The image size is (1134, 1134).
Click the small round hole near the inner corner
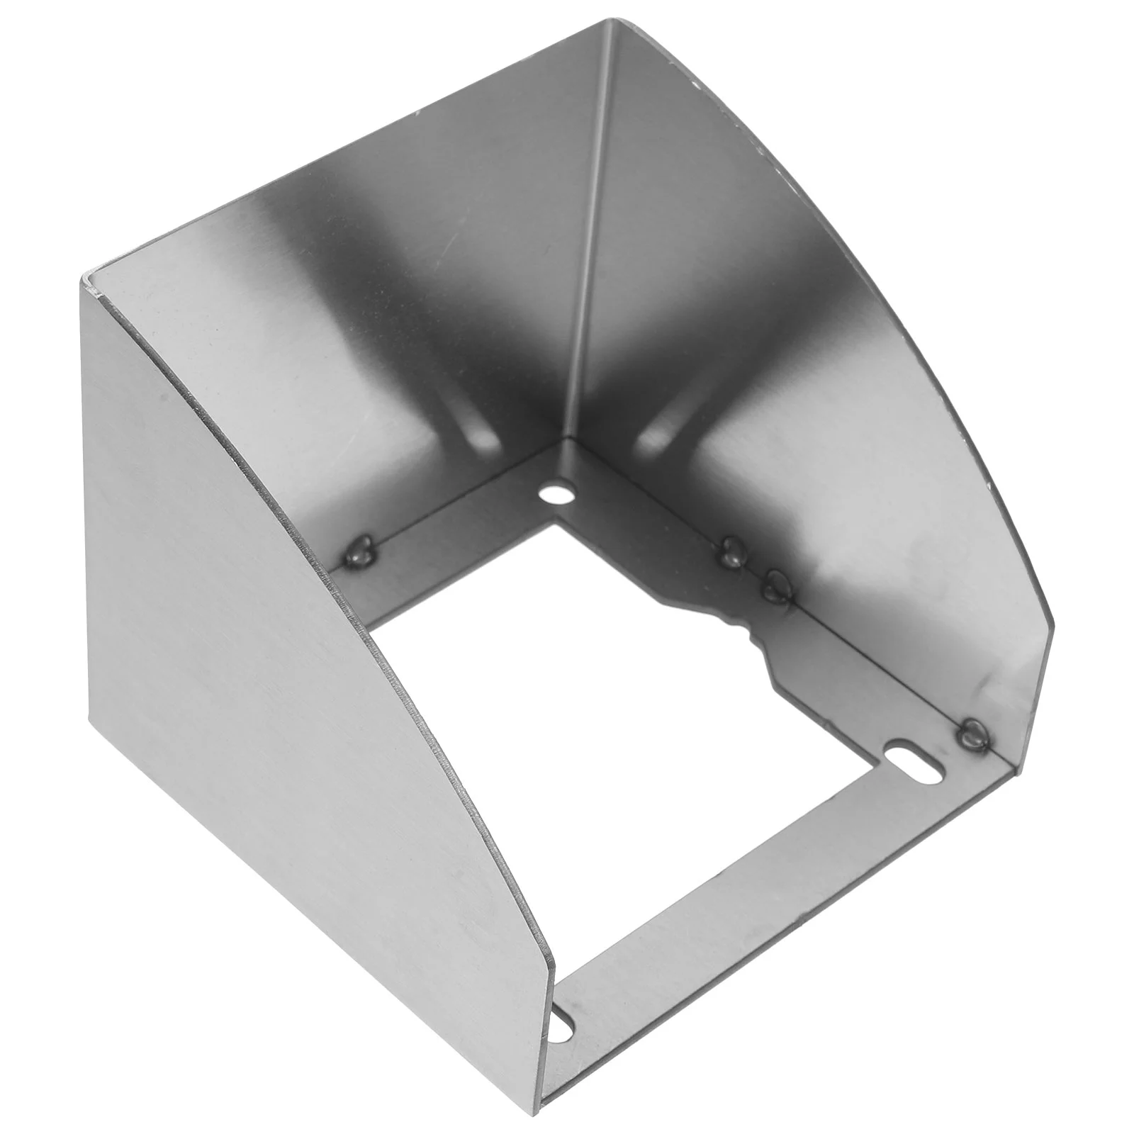click(557, 491)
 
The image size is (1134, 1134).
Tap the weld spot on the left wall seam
click(361, 548)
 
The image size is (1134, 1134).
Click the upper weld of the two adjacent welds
click(730, 550)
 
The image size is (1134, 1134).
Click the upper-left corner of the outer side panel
click(85, 275)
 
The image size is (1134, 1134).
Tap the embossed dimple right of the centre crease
click(659, 432)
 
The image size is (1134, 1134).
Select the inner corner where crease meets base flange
click(565, 442)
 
